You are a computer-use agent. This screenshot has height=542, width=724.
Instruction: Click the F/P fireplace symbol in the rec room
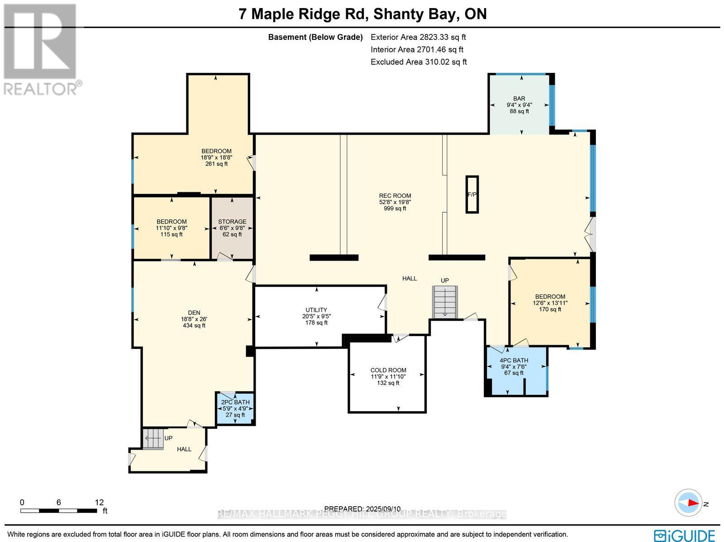pos(472,194)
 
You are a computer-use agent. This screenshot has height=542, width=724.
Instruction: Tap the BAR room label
pos(519,98)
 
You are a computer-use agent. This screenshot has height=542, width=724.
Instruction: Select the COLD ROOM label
pos(388,370)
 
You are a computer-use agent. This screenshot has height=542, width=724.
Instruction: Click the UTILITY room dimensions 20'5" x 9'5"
pos(316,316)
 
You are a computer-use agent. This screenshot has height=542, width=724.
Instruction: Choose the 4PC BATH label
pos(514,361)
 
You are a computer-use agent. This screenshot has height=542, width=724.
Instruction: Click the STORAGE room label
pos(232,222)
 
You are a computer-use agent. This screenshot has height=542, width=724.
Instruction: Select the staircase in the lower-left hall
pos(153,438)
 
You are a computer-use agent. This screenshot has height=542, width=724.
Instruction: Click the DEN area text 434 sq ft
pos(194,325)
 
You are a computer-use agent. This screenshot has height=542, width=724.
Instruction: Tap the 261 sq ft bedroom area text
pos(216,164)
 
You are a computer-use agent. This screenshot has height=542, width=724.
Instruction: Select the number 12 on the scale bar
pos(99,502)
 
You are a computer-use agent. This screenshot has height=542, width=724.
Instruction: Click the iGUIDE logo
pos(685,535)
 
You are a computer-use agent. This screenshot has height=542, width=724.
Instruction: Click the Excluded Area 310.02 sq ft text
pos(419,62)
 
